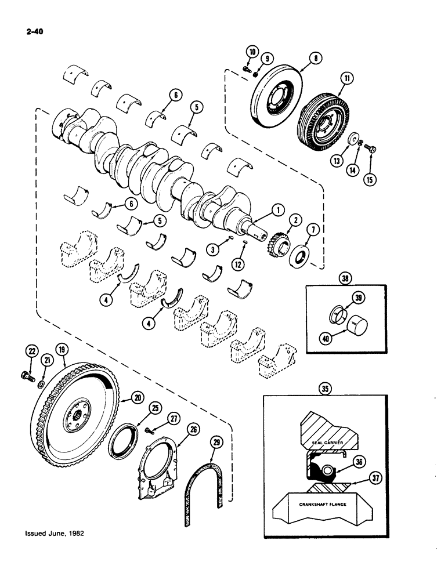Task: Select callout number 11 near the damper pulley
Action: click(348, 77)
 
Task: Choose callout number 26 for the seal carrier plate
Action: click(193, 429)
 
